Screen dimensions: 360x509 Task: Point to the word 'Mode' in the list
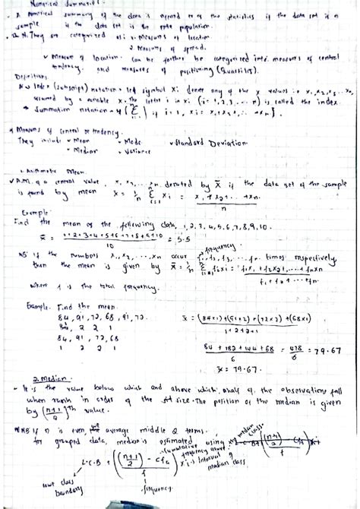(131, 141)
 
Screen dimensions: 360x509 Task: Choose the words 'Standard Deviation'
(206, 142)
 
